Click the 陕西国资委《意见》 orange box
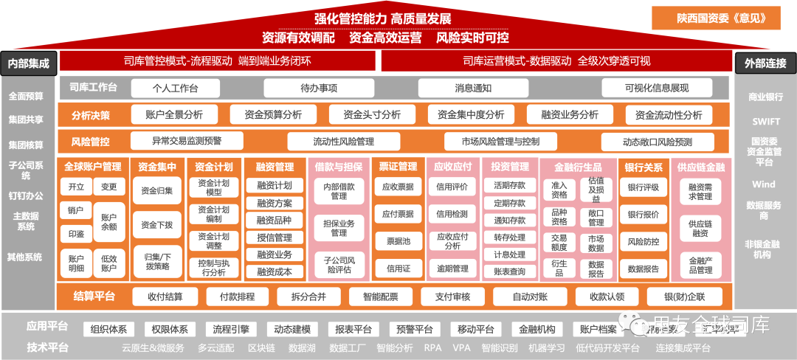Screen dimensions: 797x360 pos(716,18)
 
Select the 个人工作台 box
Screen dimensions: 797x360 pos(175,88)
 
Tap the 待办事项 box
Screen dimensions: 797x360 pos(319,88)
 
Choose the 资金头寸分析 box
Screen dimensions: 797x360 pos(370,114)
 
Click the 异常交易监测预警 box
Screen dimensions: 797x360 pos(187,140)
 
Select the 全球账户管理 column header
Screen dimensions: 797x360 pos(92,167)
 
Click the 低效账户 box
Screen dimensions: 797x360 pos(108,263)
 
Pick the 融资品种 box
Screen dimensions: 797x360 pos(274,220)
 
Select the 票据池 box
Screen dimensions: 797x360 pos(398,241)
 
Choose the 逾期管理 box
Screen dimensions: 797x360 pos(452,269)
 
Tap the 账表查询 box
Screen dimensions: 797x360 pos(509,271)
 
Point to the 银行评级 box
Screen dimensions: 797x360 pos(643,187)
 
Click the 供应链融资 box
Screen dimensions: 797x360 pos(700,228)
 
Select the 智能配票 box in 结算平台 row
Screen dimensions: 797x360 pos(381,297)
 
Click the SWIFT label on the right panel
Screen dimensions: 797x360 pos(766,122)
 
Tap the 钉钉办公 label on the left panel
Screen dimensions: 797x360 pos(26,195)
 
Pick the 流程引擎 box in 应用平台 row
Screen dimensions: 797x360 pos(230,329)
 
